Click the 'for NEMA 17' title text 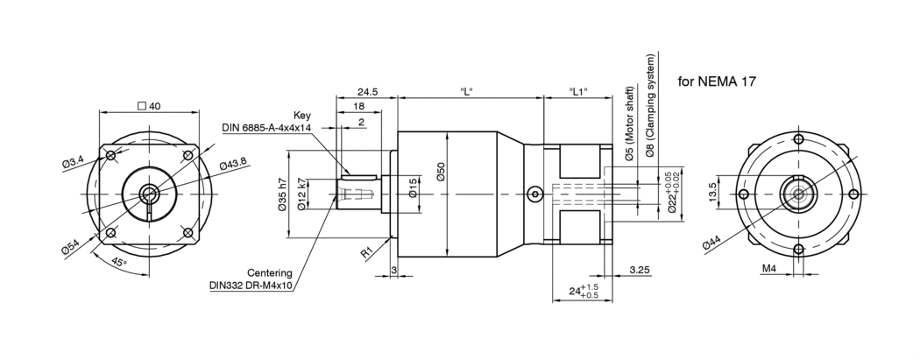point(718,81)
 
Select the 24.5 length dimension point(366,91)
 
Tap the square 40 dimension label point(149,106)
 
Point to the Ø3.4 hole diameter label point(73,160)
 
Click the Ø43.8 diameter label point(233,164)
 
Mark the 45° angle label point(117,262)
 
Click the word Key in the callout point(302,115)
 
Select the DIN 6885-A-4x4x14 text point(267,128)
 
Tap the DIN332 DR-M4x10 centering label point(251,285)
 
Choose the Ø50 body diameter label point(442,172)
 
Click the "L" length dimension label point(466,91)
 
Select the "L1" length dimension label point(577,91)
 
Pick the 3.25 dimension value point(639,272)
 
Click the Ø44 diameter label point(711,244)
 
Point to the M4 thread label point(768,268)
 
